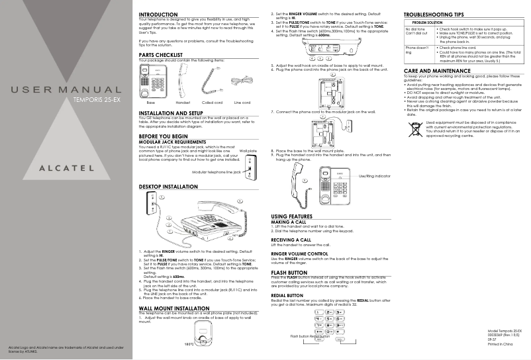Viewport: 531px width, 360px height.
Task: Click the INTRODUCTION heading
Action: click(158, 15)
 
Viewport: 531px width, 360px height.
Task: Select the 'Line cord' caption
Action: click(242, 103)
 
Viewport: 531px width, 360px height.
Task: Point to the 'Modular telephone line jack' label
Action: click(217, 172)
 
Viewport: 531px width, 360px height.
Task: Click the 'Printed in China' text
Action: click(501, 345)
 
